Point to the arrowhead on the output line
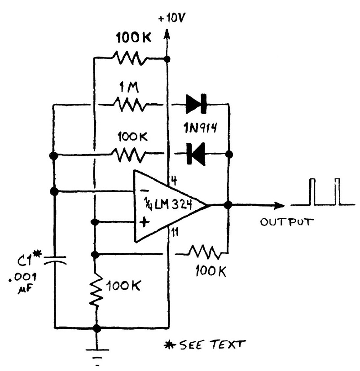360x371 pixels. click(279, 205)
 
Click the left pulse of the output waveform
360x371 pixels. click(313, 192)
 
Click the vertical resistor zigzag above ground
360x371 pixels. click(95, 291)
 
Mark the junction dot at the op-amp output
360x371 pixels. click(228, 205)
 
